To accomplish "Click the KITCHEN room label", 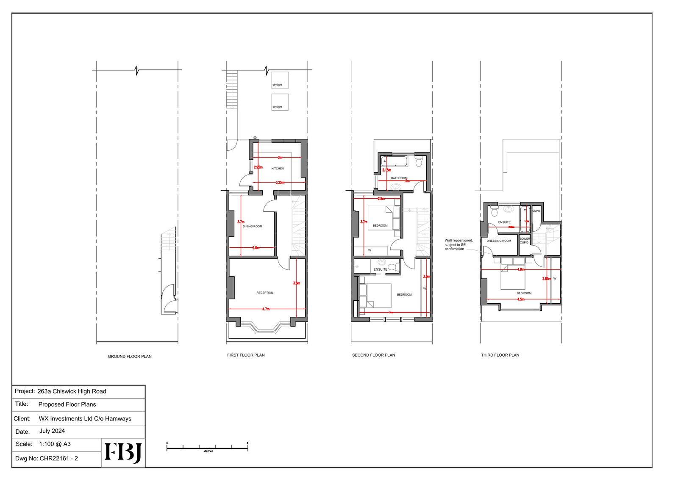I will click(x=278, y=169).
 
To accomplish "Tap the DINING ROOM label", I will click(x=252, y=226).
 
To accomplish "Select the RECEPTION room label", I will click(x=265, y=293).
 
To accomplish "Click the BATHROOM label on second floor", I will click(x=399, y=178).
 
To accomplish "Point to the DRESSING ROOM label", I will click(x=499, y=241).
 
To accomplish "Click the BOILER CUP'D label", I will click(x=525, y=241).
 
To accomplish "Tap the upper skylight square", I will click(x=280, y=80).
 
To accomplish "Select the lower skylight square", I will click(x=280, y=102).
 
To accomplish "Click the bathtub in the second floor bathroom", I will click(x=394, y=161).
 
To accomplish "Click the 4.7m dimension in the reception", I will click(x=266, y=309).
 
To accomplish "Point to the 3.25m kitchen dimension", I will click(x=280, y=183).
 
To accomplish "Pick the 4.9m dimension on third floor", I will click(x=521, y=269).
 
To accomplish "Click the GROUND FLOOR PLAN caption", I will click(x=130, y=357).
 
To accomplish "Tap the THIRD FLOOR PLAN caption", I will click(x=500, y=355).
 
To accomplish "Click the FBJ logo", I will click(x=123, y=453).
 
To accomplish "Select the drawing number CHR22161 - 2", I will click(x=58, y=458).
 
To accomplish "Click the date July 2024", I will click(x=52, y=431).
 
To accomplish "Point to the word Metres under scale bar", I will click(x=208, y=451).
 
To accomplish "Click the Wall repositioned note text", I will click(x=458, y=244).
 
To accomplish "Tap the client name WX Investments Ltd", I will click(x=85, y=418).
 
